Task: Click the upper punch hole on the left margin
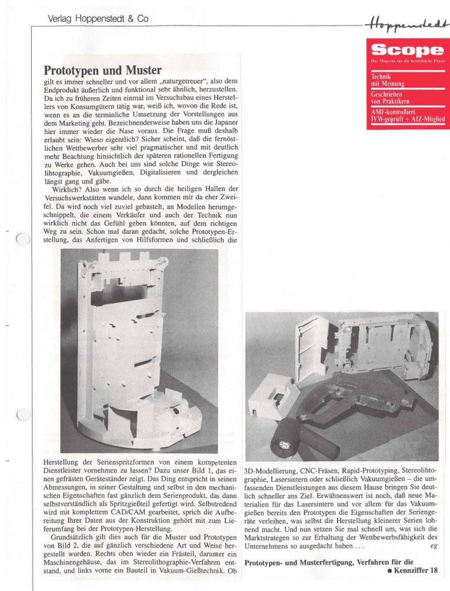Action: (23, 238)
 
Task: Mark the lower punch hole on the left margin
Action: (23, 414)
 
